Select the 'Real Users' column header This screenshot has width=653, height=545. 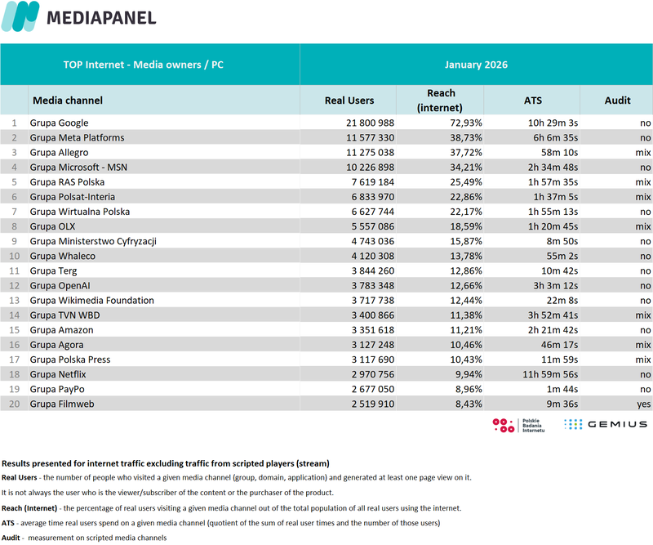(x=349, y=101)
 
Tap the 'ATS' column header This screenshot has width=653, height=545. (x=532, y=101)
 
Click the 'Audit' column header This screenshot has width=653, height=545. (x=617, y=101)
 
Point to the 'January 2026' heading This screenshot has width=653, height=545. (x=476, y=65)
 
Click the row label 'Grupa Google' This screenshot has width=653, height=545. (x=59, y=123)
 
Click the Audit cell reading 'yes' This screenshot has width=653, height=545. (x=643, y=404)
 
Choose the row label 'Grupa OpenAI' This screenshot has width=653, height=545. (x=62, y=286)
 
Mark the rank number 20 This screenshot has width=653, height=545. (x=12, y=404)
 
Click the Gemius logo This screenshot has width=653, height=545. (x=605, y=424)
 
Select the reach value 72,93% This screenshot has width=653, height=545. (x=461, y=123)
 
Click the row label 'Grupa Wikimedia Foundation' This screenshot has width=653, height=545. (x=91, y=301)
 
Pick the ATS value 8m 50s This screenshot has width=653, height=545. (x=540, y=241)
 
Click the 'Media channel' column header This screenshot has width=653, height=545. (x=68, y=101)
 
